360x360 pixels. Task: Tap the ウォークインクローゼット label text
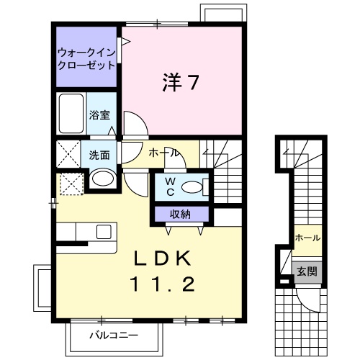(x=86, y=58)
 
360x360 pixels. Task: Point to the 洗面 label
(x=100, y=154)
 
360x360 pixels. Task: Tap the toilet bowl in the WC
(x=192, y=186)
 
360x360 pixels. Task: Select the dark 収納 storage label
(x=181, y=214)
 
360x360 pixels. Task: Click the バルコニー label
(x=113, y=336)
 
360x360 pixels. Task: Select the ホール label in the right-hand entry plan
(x=307, y=238)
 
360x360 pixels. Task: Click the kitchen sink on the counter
(x=103, y=232)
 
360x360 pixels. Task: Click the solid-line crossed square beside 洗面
(x=70, y=154)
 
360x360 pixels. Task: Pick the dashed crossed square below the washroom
(x=71, y=184)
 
